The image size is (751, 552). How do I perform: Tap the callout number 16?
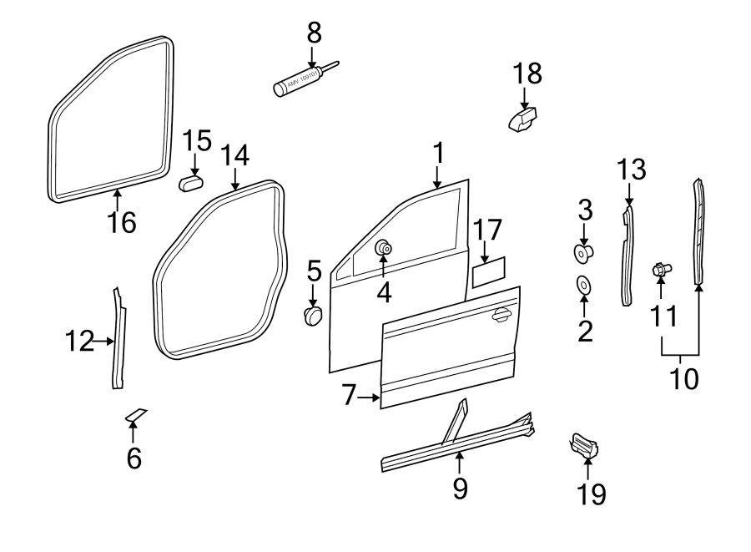pyautogui.click(x=122, y=223)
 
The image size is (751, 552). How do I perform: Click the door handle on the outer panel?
pyautogui.click(x=502, y=314)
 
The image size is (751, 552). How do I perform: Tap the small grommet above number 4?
pyautogui.click(x=384, y=247)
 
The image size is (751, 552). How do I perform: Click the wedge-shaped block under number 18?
pyautogui.click(x=522, y=119)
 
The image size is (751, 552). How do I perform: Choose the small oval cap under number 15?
pyautogui.click(x=193, y=182)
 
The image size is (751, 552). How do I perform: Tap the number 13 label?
pyautogui.click(x=632, y=170)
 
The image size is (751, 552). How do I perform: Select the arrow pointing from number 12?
pyautogui.click(x=103, y=341)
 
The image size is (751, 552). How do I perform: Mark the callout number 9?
pyautogui.click(x=460, y=489)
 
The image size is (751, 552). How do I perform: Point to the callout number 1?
pyautogui.click(x=438, y=153)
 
